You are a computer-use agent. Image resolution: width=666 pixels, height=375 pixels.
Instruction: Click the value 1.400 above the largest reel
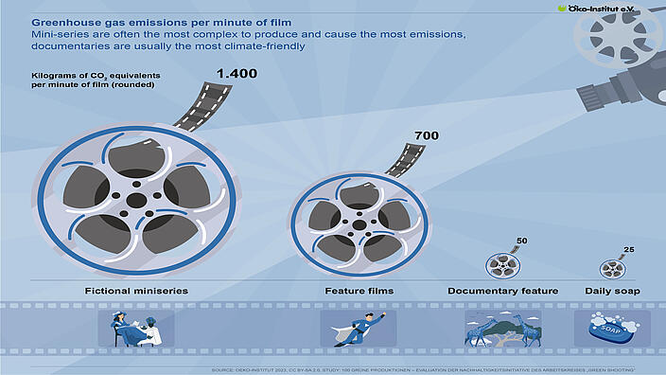coord(237,73)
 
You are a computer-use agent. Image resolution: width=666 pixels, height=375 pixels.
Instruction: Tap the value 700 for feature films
coord(427,135)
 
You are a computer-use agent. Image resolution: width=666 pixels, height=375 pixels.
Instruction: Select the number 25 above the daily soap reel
coord(630,249)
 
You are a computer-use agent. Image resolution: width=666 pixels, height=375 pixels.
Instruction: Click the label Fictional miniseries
coord(133,290)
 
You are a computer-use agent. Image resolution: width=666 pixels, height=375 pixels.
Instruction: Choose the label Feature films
coord(359,290)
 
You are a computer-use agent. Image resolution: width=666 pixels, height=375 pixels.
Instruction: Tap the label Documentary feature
coord(502,290)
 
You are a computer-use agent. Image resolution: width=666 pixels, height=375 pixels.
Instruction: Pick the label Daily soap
coord(612,290)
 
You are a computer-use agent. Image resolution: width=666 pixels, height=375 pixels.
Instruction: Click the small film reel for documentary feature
coord(503,265)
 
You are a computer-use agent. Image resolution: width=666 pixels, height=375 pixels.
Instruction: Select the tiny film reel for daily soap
coord(614,268)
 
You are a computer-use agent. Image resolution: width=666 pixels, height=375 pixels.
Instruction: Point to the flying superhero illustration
coord(358,328)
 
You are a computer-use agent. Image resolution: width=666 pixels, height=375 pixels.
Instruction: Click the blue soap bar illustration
coord(613,329)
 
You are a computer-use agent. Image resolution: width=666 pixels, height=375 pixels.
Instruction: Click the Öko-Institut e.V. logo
coord(611,9)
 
